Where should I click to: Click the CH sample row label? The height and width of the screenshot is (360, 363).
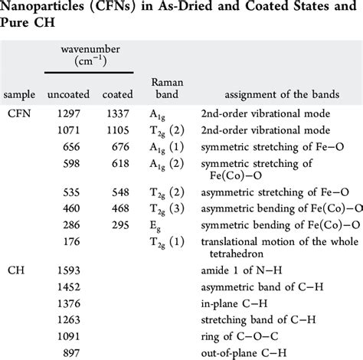click(16, 270)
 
